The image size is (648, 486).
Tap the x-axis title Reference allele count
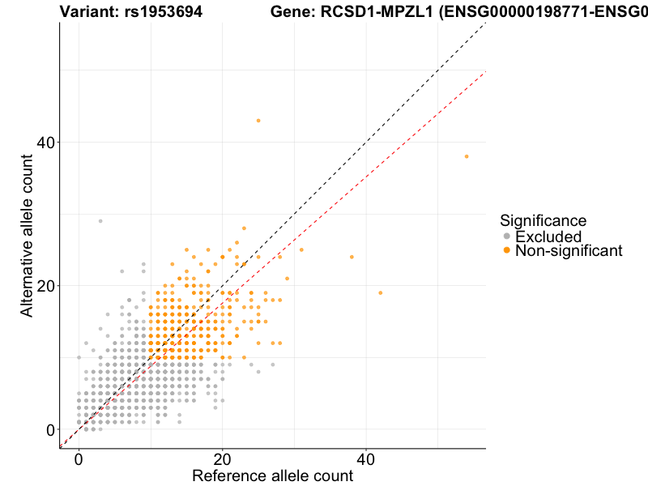click(272, 475)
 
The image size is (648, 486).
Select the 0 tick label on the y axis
click(50, 429)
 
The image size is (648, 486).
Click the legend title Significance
click(543, 220)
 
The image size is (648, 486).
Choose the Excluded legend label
click(548, 237)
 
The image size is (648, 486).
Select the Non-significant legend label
click(569, 251)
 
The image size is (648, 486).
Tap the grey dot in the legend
click(507, 237)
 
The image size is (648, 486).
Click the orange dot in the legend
click(507, 251)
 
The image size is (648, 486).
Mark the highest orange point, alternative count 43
click(258, 121)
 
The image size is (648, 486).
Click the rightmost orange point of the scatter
click(467, 156)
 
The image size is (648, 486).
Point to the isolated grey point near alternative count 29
click(100, 221)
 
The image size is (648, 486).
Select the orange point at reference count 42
click(380, 292)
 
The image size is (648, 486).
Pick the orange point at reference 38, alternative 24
click(352, 257)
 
